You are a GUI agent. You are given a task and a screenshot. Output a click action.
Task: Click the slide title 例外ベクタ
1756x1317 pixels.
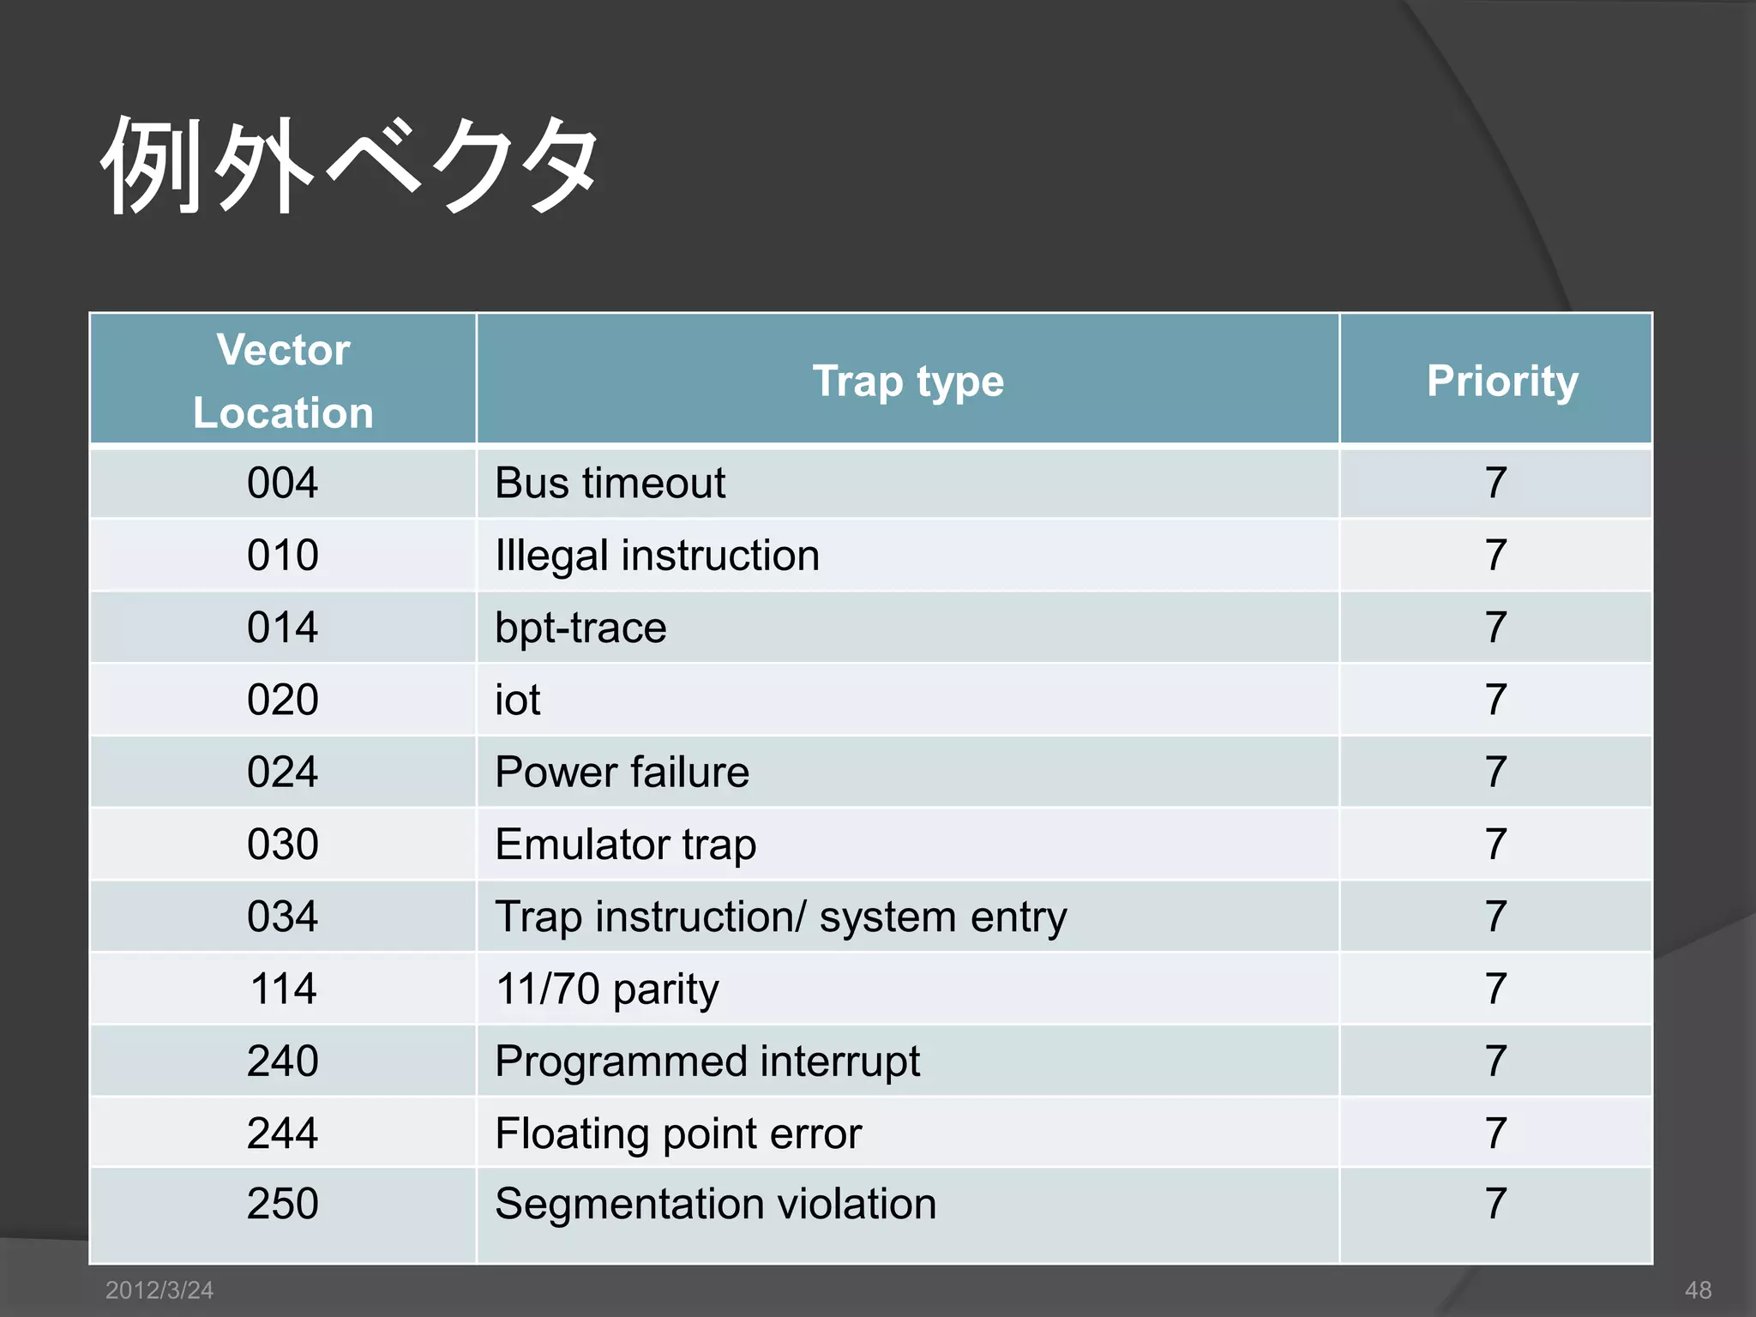click(x=350, y=165)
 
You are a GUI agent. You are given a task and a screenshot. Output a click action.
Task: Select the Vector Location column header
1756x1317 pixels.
click(x=283, y=381)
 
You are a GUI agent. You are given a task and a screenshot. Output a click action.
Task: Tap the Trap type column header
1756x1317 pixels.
click(x=907, y=381)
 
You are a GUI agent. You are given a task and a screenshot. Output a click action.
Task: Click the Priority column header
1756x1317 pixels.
click(x=1502, y=381)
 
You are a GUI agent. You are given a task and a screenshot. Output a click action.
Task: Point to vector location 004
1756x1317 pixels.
click(x=283, y=483)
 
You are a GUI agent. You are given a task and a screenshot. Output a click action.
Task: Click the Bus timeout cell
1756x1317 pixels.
click(x=610, y=483)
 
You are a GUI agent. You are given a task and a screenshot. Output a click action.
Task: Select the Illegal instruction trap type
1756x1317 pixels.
click(x=657, y=556)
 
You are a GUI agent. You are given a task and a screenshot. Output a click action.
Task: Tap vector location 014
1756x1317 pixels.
click(x=283, y=628)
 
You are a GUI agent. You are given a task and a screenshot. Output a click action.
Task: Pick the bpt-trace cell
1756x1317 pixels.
click(x=580, y=628)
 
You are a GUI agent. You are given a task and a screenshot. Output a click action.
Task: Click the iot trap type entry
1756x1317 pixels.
click(x=518, y=700)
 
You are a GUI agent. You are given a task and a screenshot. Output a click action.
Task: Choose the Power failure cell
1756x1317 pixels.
click(x=622, y=772)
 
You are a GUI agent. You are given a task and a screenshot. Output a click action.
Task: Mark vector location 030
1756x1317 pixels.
click(x=283, y=845)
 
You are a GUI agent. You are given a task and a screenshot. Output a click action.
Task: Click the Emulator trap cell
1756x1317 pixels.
click(x=625, y=845)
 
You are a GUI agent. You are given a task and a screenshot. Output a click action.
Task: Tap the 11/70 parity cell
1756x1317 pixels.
click(x=607, y=989)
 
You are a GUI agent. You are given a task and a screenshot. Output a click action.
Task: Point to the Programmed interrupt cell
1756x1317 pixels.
click(x=707, y=1061)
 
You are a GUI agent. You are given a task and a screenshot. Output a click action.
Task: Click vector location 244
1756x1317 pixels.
click(x=283, y=1134)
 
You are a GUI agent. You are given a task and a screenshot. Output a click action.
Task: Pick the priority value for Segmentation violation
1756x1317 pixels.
click(x=1496, y=1204)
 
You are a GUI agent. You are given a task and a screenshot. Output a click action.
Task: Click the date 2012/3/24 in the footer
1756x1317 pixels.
click(x=159, y=1290)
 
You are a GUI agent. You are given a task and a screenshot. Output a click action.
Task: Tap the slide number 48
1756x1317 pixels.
click(x=1698, y=1290)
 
